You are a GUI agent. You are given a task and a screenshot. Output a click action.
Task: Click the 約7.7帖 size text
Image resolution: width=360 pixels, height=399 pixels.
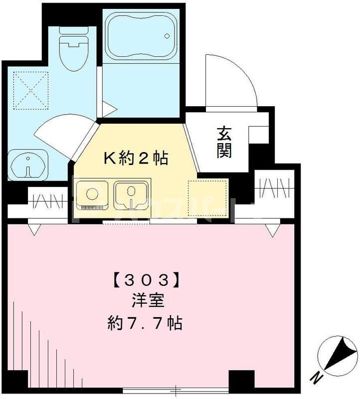click(x=144, y=324)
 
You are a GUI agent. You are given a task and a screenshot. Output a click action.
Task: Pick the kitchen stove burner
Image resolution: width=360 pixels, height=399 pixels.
click(x=92, y=193)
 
